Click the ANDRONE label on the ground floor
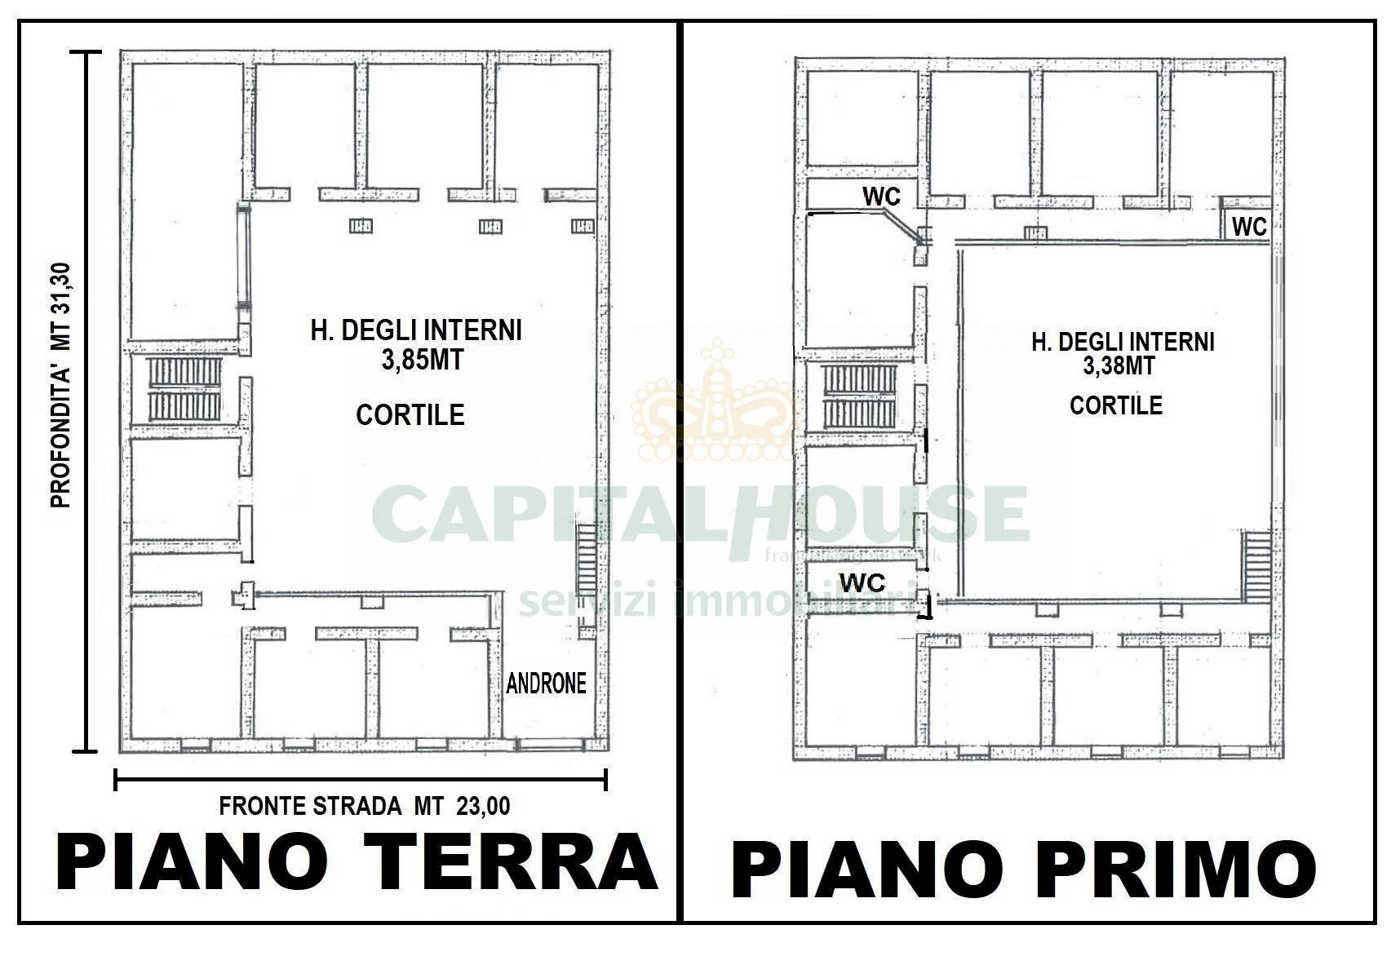[x=546, y=683]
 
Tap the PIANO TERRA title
[x=357, y=863]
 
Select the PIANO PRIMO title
[x=1023, y=870]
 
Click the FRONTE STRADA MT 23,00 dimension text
[x=365, y=807]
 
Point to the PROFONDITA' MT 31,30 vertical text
[x=61, y=385]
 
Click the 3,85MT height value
[x=422, y=360]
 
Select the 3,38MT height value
[x=1119, y=366]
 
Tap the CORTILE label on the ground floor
[x=410, y=415]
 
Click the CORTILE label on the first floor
[x=1115, y=405]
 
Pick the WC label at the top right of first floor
[x=1249, y=227]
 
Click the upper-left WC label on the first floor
[x=881, y=197]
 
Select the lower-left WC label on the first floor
[x=862, y=582]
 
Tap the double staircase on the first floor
[x=859, y=396]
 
